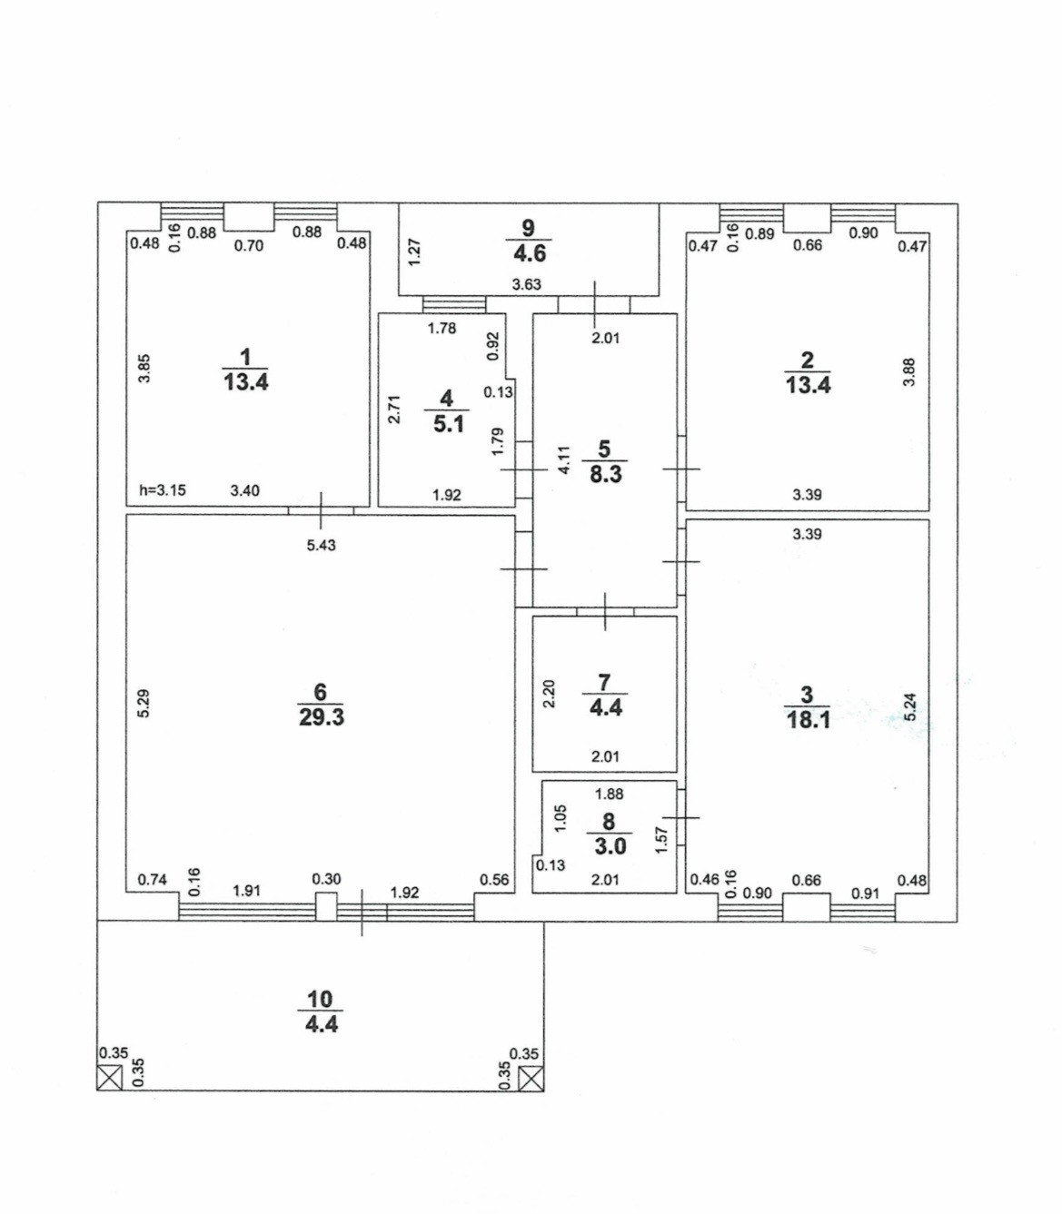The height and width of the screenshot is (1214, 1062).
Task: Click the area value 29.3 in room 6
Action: (x=322, y=717)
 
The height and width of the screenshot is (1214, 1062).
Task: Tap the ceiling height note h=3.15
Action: (x=163, y=490)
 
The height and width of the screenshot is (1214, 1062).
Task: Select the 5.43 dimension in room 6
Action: (x=322, y=545)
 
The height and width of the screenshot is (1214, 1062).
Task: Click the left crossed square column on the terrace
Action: (x=109, y=1078)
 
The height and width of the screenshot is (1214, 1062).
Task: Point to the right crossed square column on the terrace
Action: (x=531, y=1078)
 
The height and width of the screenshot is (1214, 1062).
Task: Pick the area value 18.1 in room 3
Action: (x=808, y=720)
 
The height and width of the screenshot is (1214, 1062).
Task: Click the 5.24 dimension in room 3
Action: (x=911, y=708)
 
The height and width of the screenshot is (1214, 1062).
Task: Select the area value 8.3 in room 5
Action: (x=606, y=473)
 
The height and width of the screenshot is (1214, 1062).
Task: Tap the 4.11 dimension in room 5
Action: (x=563, y=459)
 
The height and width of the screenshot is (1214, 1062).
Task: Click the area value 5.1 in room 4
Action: (x=448, y=423)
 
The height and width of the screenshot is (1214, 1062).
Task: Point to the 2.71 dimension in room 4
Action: (x=394, y=410)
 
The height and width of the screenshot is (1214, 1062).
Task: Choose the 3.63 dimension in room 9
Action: (x=526, y=284)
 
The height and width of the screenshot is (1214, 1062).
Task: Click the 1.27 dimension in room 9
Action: (x=414, y=251)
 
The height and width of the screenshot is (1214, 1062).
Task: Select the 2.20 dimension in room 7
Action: (x=549, y=695)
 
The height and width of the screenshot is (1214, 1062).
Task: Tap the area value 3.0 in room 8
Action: (x=610, y=846)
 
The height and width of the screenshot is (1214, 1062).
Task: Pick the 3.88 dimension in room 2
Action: (x=908, y=372)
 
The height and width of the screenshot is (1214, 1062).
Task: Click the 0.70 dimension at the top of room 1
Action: (x=248, y=245)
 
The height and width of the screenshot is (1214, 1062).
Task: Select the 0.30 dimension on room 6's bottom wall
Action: (x=326, y=879)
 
